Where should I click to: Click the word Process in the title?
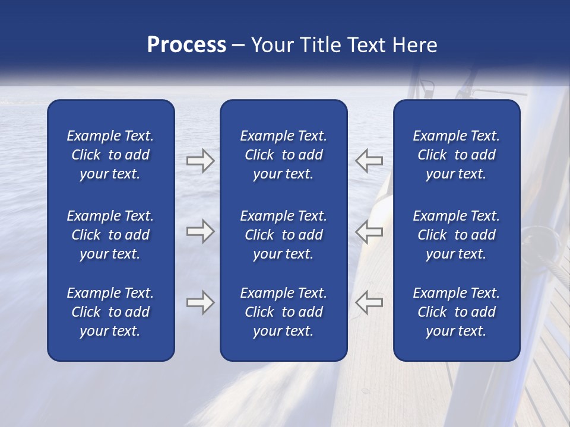click(186, 45)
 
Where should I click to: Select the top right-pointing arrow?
click(200, 161)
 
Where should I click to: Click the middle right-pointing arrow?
click(200, 231)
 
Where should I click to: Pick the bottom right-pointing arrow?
click(200, 302)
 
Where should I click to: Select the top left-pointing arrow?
click(369, 161)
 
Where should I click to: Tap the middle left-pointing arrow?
click(369, 231)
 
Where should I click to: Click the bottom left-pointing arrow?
click(369, 302)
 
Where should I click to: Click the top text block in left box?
click(110, 155)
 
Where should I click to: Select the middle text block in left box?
click(110, 235)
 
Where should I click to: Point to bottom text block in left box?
click(110, 312)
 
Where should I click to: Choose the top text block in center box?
click(283, 155)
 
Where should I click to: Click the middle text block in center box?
click(283, 235)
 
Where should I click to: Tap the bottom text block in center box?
click(283, 312)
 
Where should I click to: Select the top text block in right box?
click(456, 155)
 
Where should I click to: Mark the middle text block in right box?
click(456, 235)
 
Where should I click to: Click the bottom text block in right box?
click(456, 312)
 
